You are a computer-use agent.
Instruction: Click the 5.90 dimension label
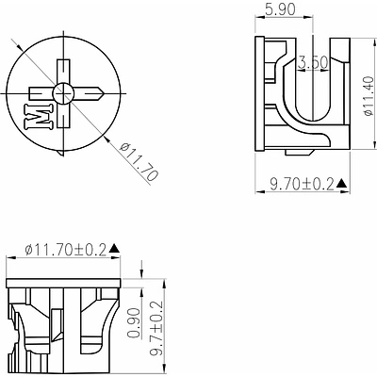click(x=280, y=9)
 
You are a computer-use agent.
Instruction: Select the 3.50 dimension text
click(x=313, y=62)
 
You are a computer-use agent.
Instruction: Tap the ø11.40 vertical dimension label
click(x=369, y=96)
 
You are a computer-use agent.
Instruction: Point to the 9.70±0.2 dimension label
click(x=302, y=185)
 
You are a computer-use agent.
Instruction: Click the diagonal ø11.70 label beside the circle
click(x=139, y=161)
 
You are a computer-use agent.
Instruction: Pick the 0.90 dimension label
click(x=134, y=322)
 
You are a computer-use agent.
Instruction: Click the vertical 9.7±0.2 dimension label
click(x=156, y=328)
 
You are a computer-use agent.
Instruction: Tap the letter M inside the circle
click(x=39, y=116)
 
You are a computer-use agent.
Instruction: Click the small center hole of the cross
click(x=63, y=93)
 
